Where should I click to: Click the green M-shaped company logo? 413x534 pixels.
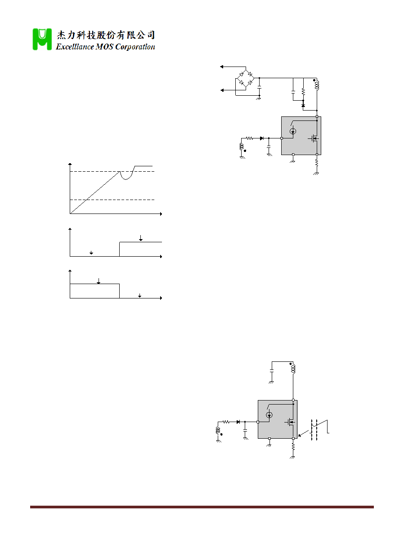pyautogui.click(x=42, y=39)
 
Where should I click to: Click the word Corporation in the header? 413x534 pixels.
pyautogui.click(x=135, y=47)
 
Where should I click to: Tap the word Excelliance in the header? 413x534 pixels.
pyautogui.click(x=75, y=47)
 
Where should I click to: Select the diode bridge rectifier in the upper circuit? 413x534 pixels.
pyautogui.click(x=246, y=78)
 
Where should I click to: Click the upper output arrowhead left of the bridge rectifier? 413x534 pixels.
pyautogui.click(x=222, y=67)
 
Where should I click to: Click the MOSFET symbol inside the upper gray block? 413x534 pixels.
pyautogui.click(x=314, y=138)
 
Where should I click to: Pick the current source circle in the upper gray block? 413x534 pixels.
pyautogui.click(x=293, y=131)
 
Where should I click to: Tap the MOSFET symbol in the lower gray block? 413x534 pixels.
pyautogui.click(x=290, y=422)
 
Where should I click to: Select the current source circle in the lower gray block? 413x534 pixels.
pyautogui.click(x=269, y=415)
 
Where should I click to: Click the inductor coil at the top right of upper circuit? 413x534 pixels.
pyautogui.click(x=317, y=85)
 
